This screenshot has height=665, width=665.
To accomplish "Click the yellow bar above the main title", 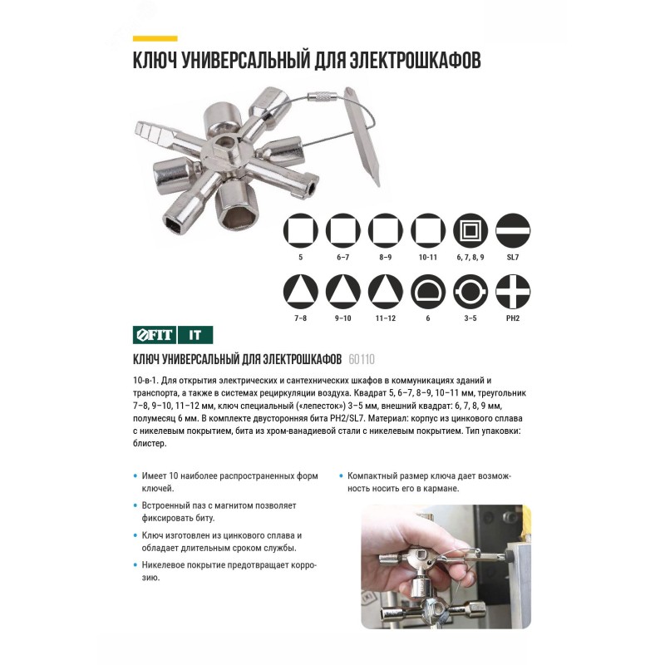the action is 155,38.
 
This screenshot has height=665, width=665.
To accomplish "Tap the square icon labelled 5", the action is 301,230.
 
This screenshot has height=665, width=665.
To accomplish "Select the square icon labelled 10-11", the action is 428,230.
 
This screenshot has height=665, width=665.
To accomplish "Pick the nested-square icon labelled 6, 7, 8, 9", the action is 470,230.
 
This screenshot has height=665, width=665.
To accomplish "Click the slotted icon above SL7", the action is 513,230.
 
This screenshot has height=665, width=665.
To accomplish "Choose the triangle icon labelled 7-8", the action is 301,292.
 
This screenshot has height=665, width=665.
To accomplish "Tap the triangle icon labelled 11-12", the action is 386,292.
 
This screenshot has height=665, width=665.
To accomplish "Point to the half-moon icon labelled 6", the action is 428,292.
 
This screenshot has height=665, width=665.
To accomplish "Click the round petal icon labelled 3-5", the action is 470,292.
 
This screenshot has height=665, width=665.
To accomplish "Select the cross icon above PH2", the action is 513,292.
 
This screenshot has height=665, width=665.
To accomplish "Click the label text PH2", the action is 513,318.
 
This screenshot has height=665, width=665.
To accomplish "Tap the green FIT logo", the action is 155,335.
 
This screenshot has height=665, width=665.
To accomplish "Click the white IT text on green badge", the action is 195,335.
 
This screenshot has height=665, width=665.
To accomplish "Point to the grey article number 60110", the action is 362,360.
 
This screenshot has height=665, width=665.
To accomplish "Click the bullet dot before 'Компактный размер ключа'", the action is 341,475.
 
